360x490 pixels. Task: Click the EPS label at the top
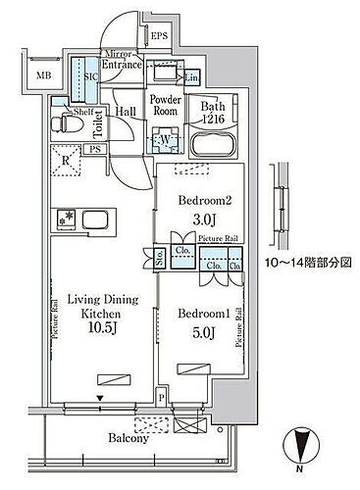(160, 38)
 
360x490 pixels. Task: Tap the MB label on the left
(44, 73)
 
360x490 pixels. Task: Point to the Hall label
(127, 112)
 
